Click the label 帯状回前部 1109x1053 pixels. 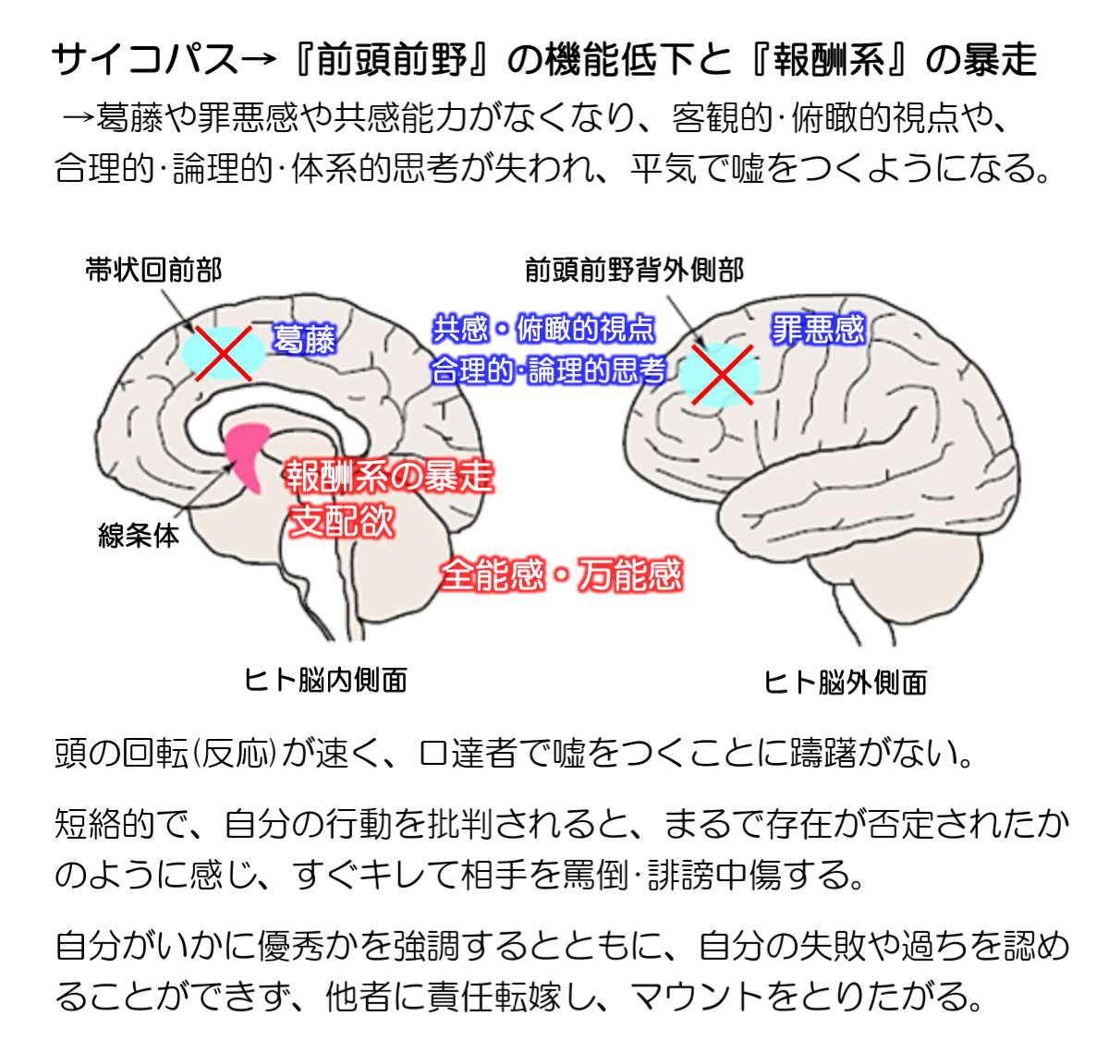(x=153, y=270)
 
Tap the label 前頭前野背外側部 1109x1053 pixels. (x=634, y=270)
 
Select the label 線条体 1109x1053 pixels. (x=139, y=536)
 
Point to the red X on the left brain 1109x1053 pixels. (x=222, y=352)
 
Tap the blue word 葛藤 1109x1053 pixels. (x=304, y=340)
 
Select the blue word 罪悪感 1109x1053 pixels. (x=818, y=329)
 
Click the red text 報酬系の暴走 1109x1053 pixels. (x=388, y=477)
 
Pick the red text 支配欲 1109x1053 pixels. (x=342, y=521)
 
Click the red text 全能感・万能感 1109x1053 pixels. (x=561, y=575)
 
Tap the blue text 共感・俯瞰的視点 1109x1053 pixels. (x=544, y=329)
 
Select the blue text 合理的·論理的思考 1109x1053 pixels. (x=549, y=371)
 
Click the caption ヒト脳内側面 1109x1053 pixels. (x=325, y=681)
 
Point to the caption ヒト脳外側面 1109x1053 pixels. (x=845, y=683)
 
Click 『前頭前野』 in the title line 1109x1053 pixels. (x=398, y=60)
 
